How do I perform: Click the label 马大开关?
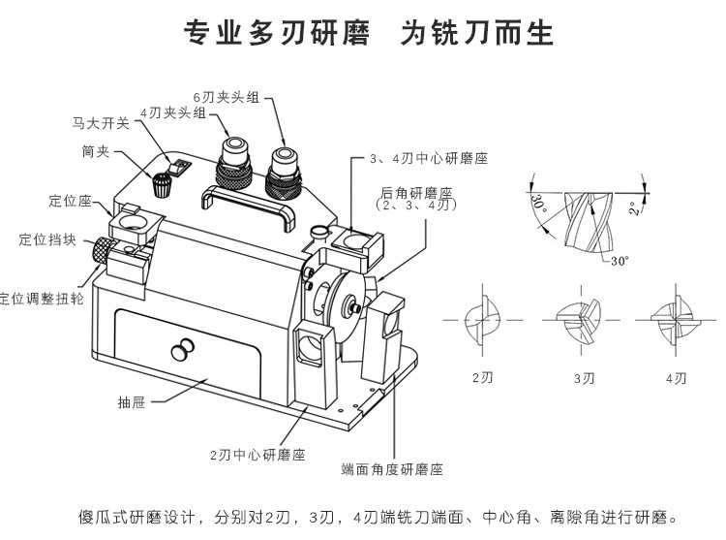(x=102, y=124)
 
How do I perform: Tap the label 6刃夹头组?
(x=226, y=97)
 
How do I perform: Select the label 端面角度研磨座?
(x=392, y=468)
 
